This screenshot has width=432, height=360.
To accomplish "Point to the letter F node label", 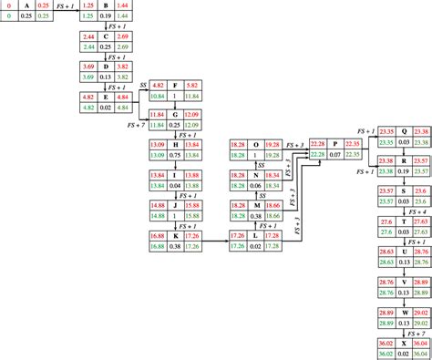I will click(174, 84).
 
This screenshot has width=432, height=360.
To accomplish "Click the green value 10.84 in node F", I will click(155, 95).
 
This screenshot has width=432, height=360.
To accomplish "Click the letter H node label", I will click(174, 143).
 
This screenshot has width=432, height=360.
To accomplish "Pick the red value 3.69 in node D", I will click(88, 67).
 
